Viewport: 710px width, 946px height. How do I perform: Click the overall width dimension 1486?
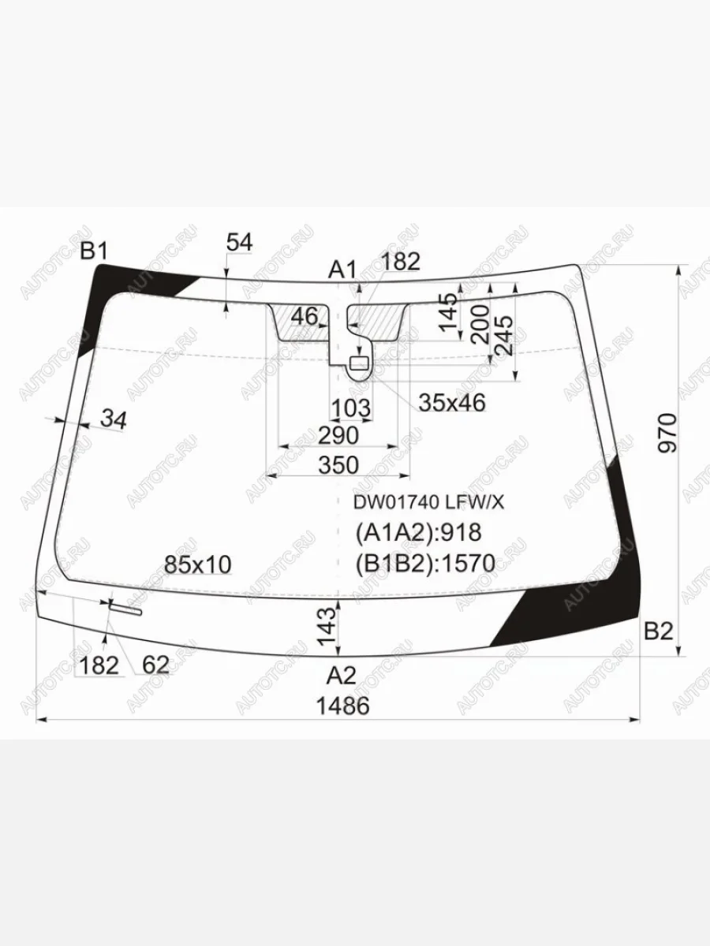[342, 706]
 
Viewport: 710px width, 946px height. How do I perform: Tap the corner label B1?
[94, 251]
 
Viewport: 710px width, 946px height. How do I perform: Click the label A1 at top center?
[342, 270]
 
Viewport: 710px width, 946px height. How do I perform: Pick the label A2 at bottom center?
[341, 675]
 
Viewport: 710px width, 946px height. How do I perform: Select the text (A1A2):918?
[418, 534]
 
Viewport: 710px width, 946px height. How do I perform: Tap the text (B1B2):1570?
[424, 564]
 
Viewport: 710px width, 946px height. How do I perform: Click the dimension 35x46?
[451, 403]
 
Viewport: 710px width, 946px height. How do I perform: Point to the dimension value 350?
[338, 465]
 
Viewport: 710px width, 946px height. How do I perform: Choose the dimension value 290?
[338, 434]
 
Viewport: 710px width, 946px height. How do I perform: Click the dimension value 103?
[350, 408]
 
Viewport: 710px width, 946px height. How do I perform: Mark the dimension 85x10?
[197, 564]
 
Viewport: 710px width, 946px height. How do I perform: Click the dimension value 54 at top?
[239, 244]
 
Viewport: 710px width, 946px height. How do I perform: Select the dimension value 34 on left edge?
[114, 420]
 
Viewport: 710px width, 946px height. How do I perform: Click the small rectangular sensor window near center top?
[359, 363]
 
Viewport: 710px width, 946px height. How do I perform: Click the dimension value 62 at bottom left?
[155, 665]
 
